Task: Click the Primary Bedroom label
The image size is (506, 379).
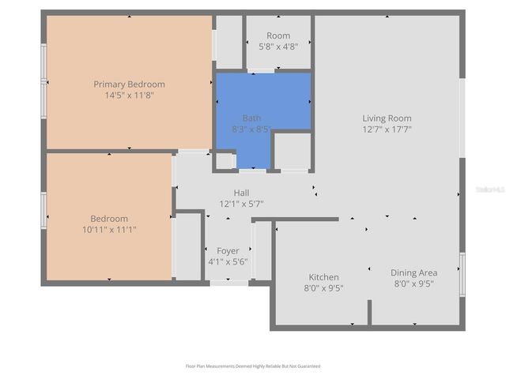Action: point(129,84)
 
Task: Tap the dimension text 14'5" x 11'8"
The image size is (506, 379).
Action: point(129,95)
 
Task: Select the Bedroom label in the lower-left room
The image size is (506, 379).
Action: point(108,219)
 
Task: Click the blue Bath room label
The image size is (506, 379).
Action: point(251,118)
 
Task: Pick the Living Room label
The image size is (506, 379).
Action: point(387,118)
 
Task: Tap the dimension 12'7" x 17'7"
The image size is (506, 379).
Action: point(387,129)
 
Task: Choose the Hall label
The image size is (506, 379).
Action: point(241,193)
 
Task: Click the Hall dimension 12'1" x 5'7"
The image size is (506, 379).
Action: point(241,203)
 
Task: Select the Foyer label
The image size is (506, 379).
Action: point(228,251)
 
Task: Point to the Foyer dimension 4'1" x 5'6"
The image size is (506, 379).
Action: point(228,261)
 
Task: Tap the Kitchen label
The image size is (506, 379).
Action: point(323,277)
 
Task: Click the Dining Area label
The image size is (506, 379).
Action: point(413,273)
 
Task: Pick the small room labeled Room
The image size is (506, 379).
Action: point(278,36)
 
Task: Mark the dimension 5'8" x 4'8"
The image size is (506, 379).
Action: point(278,47)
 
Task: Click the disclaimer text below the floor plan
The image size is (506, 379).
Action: point(253,366)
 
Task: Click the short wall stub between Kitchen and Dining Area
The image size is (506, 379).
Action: point(368,312)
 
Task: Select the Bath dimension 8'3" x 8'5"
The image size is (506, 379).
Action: point(251,129)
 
